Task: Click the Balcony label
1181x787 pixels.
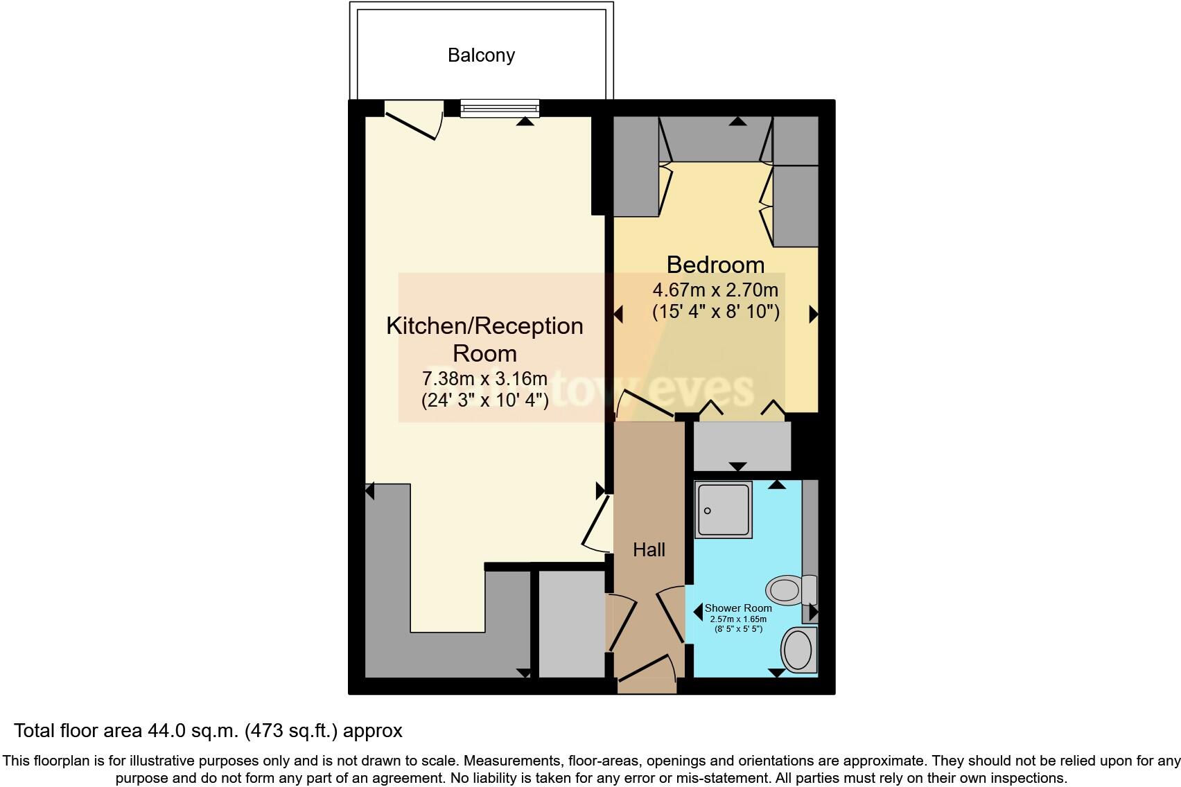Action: pyautogui.click(x=481, y=55)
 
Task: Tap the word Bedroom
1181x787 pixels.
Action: pyautogui.click(x=715, y=265)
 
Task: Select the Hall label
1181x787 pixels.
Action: pyautogui.click(x=649, y=550)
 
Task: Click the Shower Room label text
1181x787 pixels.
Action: pyautogui.click(x=738, y=608)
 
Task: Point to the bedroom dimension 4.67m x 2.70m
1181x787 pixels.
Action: pyautogui.click(x=715, y=290)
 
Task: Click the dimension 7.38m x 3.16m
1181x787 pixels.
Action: pyautogui.click(x=484, y=379)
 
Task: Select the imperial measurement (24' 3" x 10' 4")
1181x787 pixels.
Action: pyautogui.click(x=484, y=400)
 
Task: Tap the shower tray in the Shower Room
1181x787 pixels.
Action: pyautogui.click(x=724, y=510)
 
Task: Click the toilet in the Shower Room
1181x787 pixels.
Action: pyautogui.click(x=791, y=590)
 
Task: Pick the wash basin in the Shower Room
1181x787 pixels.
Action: pyautogui.click(x=799, y=650)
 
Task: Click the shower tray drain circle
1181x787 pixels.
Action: pyautogui.click(x=708, y=511)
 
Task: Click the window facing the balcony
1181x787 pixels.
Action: pyautogui.click(x=499, y=108)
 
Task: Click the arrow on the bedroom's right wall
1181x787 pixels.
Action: pyautogui.click(x=813, y=314)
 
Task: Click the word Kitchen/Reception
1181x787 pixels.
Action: pyautogui.click(x=484, y=326)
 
